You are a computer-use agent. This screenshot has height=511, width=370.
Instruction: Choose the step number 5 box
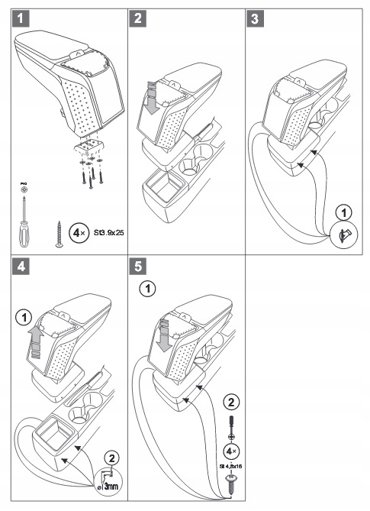tap(140, 268)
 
